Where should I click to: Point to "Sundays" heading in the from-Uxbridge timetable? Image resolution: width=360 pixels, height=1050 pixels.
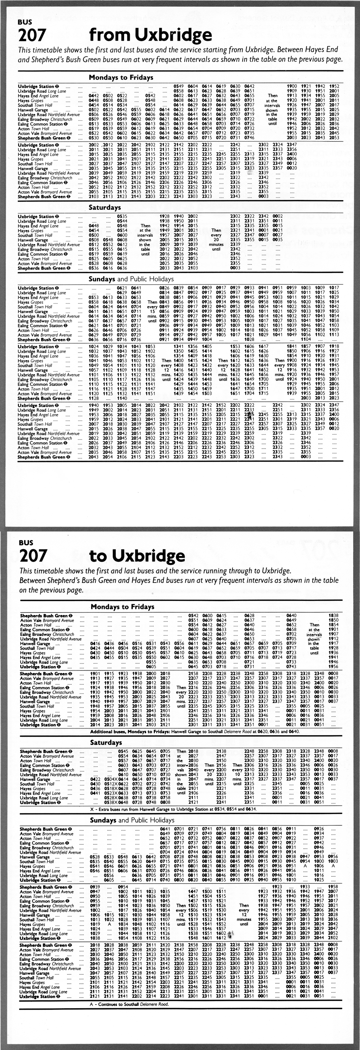point(102,279)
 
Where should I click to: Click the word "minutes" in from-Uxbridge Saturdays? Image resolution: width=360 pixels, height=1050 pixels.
point(216,244)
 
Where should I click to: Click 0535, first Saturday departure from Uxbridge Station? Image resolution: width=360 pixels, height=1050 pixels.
point(122,216)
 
